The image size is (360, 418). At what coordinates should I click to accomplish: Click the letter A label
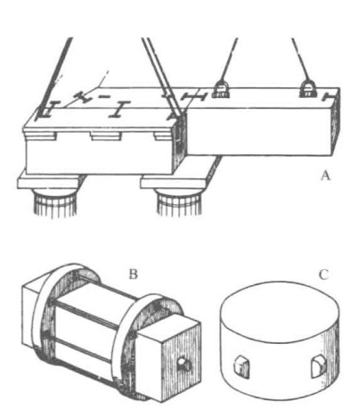[x=325, y=176]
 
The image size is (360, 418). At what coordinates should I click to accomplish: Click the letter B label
[x=133, y=274]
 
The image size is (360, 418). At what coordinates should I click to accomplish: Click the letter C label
[x=323, y=275]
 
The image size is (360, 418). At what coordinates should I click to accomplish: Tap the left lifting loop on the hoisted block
[x=221, y=89]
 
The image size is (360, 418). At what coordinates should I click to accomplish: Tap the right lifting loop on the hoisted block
[x=308, y=89]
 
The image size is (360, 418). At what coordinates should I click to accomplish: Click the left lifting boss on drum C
[x=241, y=366]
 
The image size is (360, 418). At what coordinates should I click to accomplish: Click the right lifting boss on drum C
[x=318, y=367]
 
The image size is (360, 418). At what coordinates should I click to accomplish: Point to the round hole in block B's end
[x=181, y=362]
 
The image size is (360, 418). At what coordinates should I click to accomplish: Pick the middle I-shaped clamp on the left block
[x=120, y=109]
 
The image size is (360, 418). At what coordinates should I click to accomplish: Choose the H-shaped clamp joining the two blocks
[x=193, y=97]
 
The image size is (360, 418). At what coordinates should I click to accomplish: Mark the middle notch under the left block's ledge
[x=106, y=136]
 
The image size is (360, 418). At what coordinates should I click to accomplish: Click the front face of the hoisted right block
[x=260, y=131]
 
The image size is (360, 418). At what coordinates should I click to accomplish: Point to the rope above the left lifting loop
[x=229, y=60]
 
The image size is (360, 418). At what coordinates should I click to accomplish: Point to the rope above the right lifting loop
[x=300, y=60]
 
